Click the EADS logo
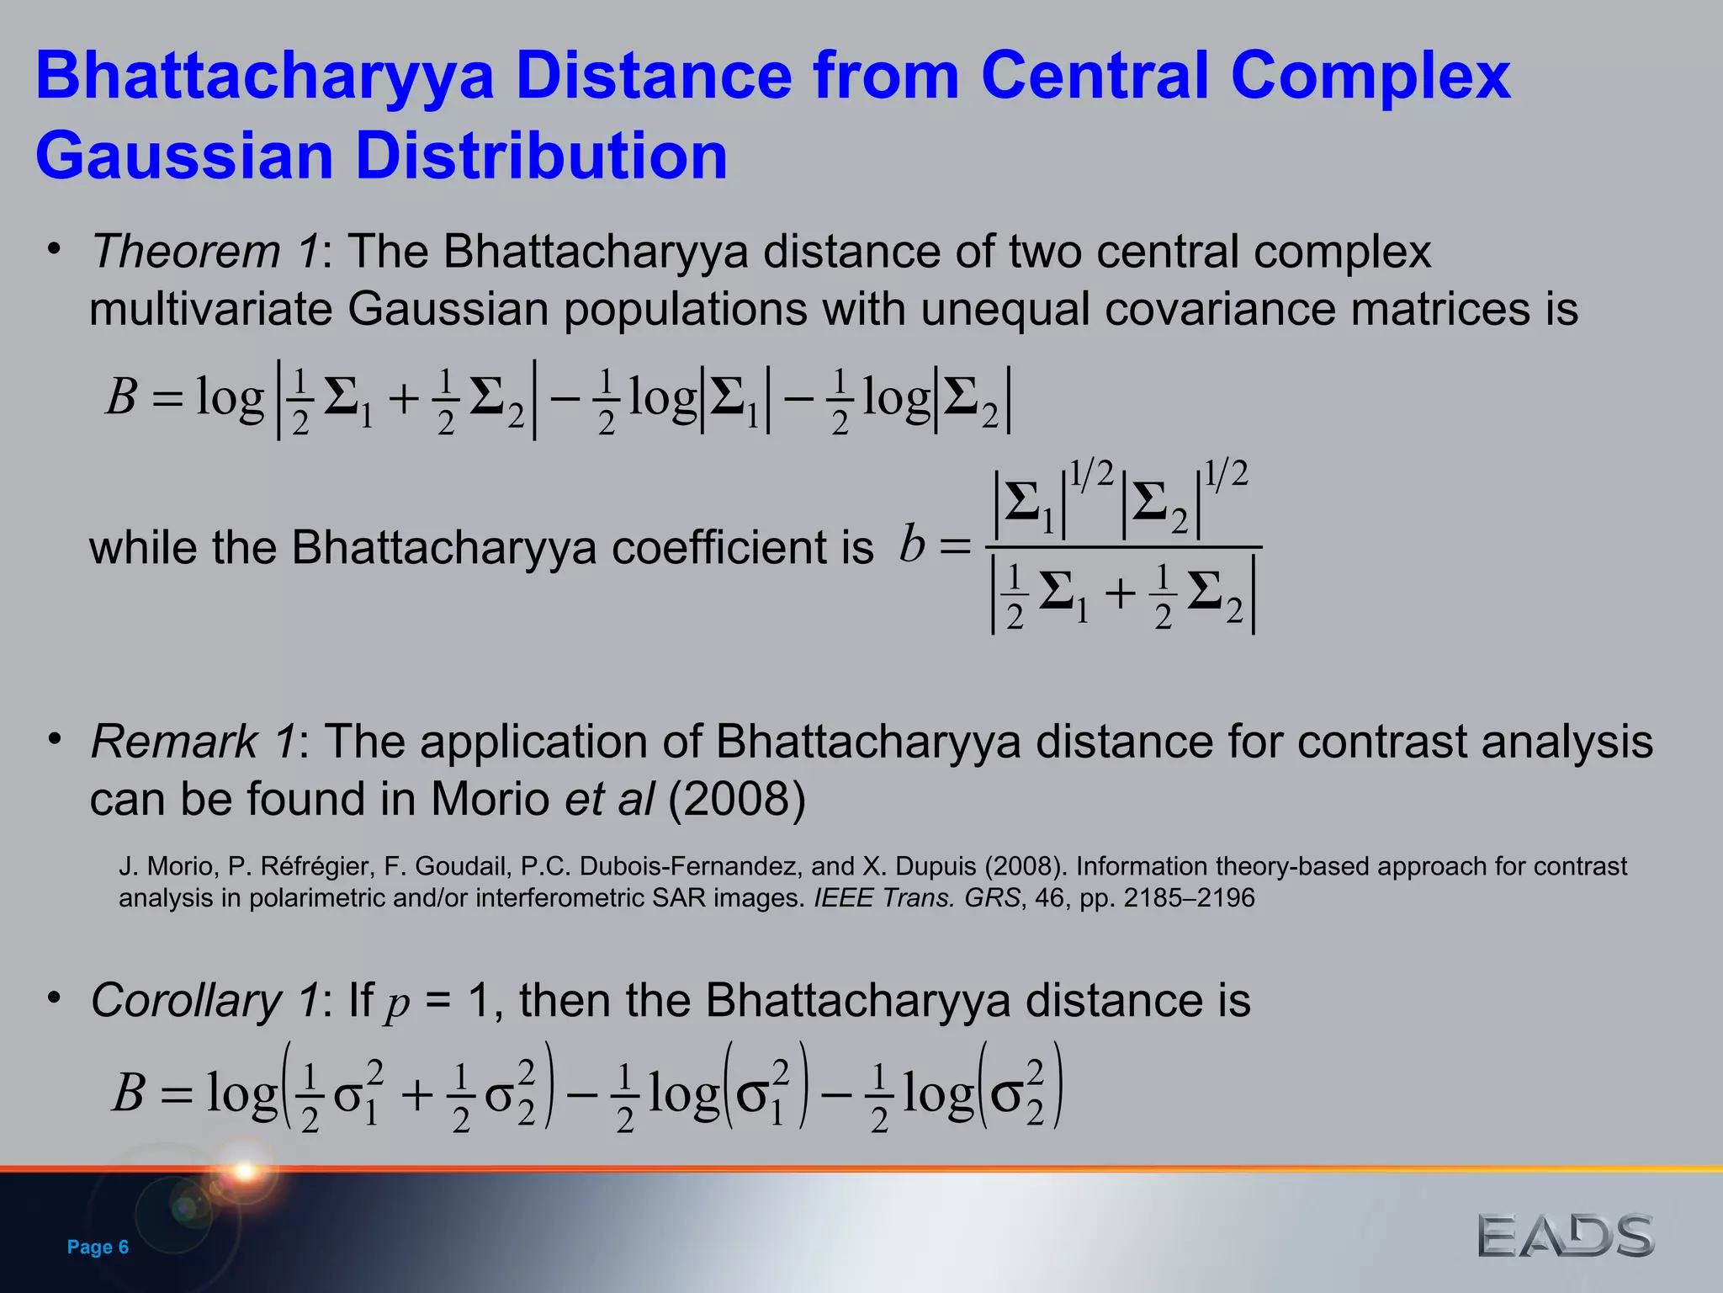click(1566, 1237)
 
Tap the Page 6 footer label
click(98, 1247)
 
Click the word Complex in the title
click(1370, 76)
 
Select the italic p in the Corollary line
click(397, 1003)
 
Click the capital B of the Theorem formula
click(121, 396)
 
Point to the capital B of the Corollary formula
click(128, 1093)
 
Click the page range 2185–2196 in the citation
click(1189, 898)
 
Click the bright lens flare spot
click(245, 1170)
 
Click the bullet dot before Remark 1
click(55, 739)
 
